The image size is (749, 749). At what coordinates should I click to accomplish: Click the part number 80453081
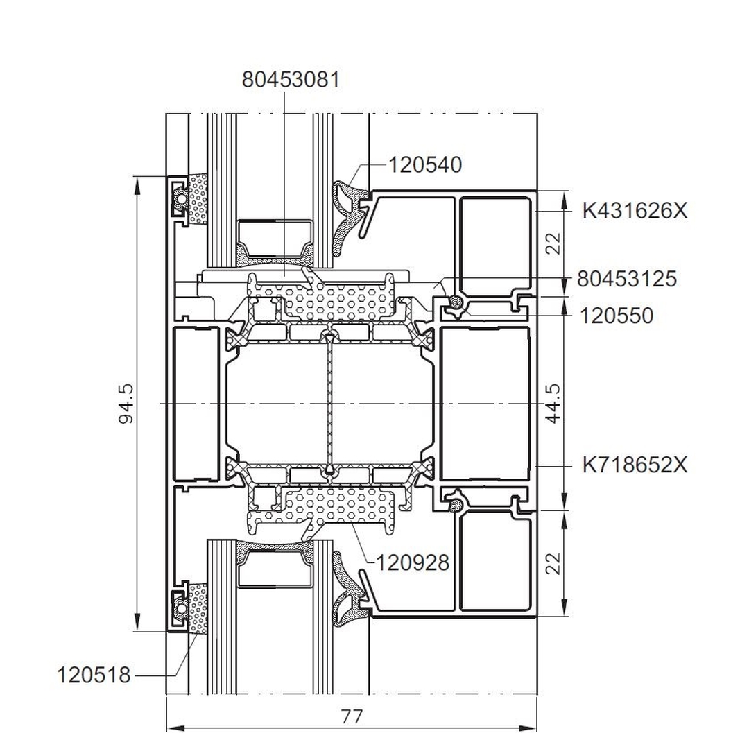(x=291, y=79)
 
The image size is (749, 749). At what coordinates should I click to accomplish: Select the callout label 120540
(x=424, y=165)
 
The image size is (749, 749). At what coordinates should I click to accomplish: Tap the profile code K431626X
(x=635, y=210)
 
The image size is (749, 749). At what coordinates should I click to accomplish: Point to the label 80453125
(x=627, y=279)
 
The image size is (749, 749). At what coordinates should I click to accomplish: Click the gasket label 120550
(x=617, y=316)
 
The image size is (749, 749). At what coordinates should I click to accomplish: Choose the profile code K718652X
(x=635, y=464)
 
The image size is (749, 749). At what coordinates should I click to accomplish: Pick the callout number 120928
(x=413, y=562)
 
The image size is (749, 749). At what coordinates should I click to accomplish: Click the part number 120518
(x=94, y=675)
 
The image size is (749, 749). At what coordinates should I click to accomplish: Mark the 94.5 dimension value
(x=126, y=404)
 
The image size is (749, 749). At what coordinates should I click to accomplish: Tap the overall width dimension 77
(x=352, y=716)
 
